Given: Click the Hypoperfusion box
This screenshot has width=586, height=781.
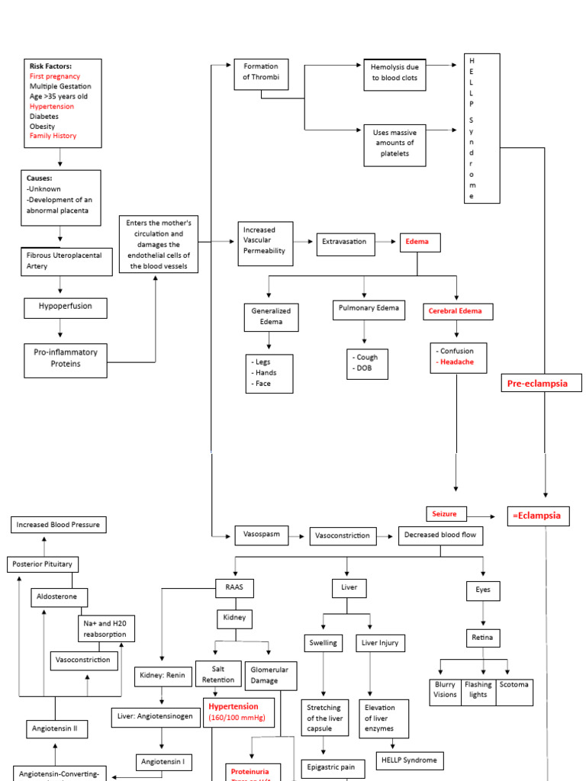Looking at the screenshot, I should (65, 308).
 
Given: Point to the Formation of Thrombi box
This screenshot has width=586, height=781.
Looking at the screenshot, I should (261, 72).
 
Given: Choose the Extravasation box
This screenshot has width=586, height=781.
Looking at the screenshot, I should (344, 242).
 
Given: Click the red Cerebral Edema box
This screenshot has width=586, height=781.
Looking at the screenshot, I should (458, 311).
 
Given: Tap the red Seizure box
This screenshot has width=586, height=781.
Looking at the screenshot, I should (446, 514).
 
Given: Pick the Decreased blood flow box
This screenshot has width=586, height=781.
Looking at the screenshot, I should (440, 535).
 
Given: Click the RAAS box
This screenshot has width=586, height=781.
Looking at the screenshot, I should (234, 588).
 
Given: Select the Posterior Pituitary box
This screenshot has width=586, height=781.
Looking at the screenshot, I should (43, 564).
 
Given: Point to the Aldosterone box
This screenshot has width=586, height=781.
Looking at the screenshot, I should (60, 597).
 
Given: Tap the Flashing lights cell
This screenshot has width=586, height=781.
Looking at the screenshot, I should (478, 689).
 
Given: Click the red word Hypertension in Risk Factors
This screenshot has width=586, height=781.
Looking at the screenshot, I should (52, 107).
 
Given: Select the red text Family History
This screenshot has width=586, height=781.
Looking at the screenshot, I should (53, 136).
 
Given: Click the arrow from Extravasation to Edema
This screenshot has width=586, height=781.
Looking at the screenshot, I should (387, 242).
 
